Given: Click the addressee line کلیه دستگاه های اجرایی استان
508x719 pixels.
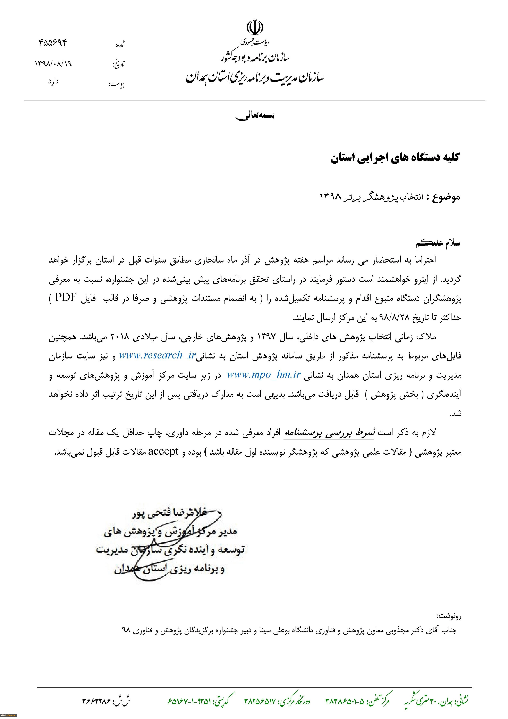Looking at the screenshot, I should (x=395, y=158).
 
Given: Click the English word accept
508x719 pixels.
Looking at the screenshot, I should (x=163, y=452).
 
